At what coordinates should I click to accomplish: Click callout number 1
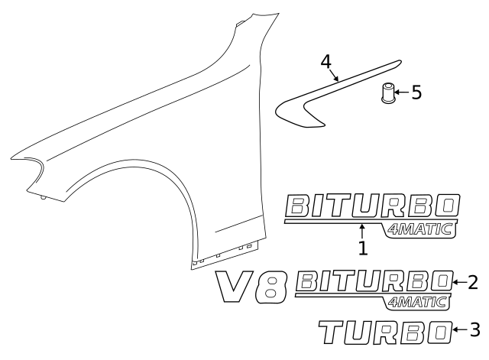[x=363, y=248]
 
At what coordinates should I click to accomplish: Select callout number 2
[x=472, y=282]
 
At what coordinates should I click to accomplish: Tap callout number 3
[x=474, y=329]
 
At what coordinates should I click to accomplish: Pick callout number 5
[x=416, y=92]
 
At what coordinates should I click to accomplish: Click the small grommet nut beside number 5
[x=388, y=94]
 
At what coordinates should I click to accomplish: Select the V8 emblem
[x=251, y=286]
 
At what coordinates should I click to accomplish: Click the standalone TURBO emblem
[x=384, y=331]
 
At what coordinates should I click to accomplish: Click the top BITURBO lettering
[x=372, y=205]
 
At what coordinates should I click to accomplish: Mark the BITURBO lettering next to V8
[x=374, y=281]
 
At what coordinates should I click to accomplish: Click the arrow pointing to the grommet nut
[x=402, y=92]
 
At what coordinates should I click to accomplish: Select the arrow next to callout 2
[x=460, y=282]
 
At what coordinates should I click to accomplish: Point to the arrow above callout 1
[x=363, y=231]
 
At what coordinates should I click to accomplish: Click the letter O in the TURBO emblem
[x=439, y=331]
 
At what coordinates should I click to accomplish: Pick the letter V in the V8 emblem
[x=236, y=284]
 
